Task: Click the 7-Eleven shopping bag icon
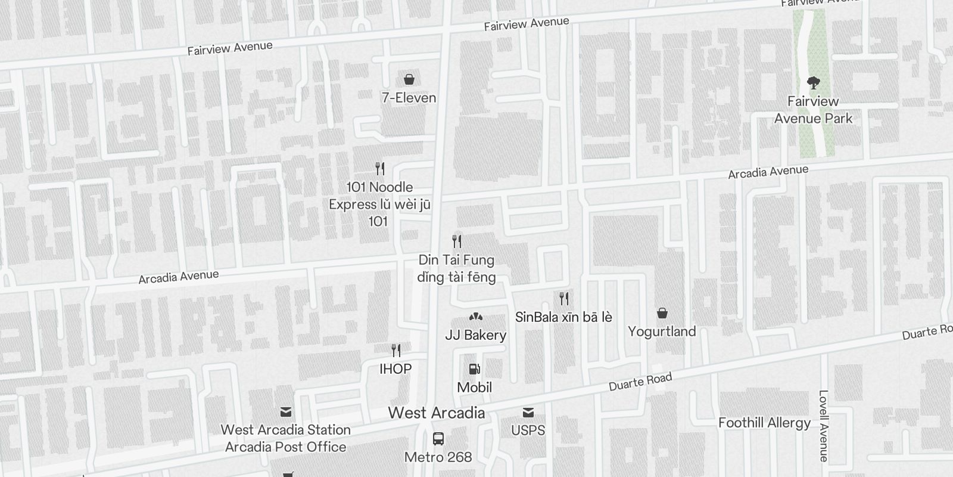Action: pos(409,79)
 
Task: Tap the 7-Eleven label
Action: pos(409,98)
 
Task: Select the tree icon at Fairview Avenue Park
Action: pos(813,82)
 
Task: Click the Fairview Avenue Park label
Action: pos(813,110)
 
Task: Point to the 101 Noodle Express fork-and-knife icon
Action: pos(380,169)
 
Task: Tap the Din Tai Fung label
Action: pos(457,268)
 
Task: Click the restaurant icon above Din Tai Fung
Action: pos(457,241)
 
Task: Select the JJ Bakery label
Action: pos(475,335)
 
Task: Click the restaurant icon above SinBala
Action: pos(563,298)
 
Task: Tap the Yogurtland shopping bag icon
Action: pos(662,313)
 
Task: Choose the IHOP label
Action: pos(395,369)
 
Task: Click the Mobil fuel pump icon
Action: pos(474,369)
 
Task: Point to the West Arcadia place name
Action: pos(437,413)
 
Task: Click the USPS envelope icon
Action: pos(528,413)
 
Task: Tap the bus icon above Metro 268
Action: pos(438,439)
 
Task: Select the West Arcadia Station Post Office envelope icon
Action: pos(286,412)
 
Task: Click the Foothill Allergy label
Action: pos(764,423)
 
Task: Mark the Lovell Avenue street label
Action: pos(824,426)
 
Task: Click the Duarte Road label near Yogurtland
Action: pos(640,382)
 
